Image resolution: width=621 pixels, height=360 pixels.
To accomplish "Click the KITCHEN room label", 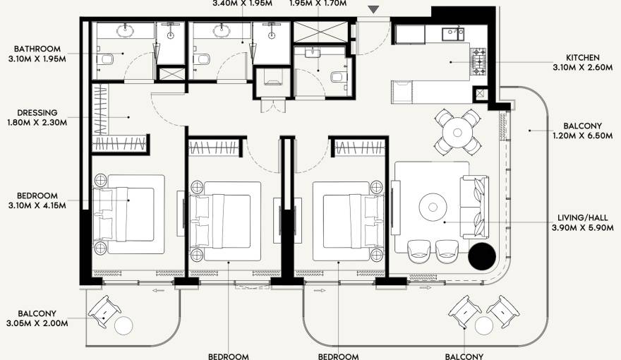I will pos(582,57).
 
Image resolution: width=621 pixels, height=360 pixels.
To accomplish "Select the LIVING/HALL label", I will pos(582,218).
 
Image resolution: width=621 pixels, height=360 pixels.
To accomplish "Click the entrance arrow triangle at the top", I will pos(374,9).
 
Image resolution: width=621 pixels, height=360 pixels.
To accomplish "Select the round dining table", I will pos(457,131).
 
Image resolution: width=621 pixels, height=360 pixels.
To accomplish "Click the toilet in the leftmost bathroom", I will pos(107,59).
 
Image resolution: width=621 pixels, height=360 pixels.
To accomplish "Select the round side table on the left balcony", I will pos(124,326).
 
